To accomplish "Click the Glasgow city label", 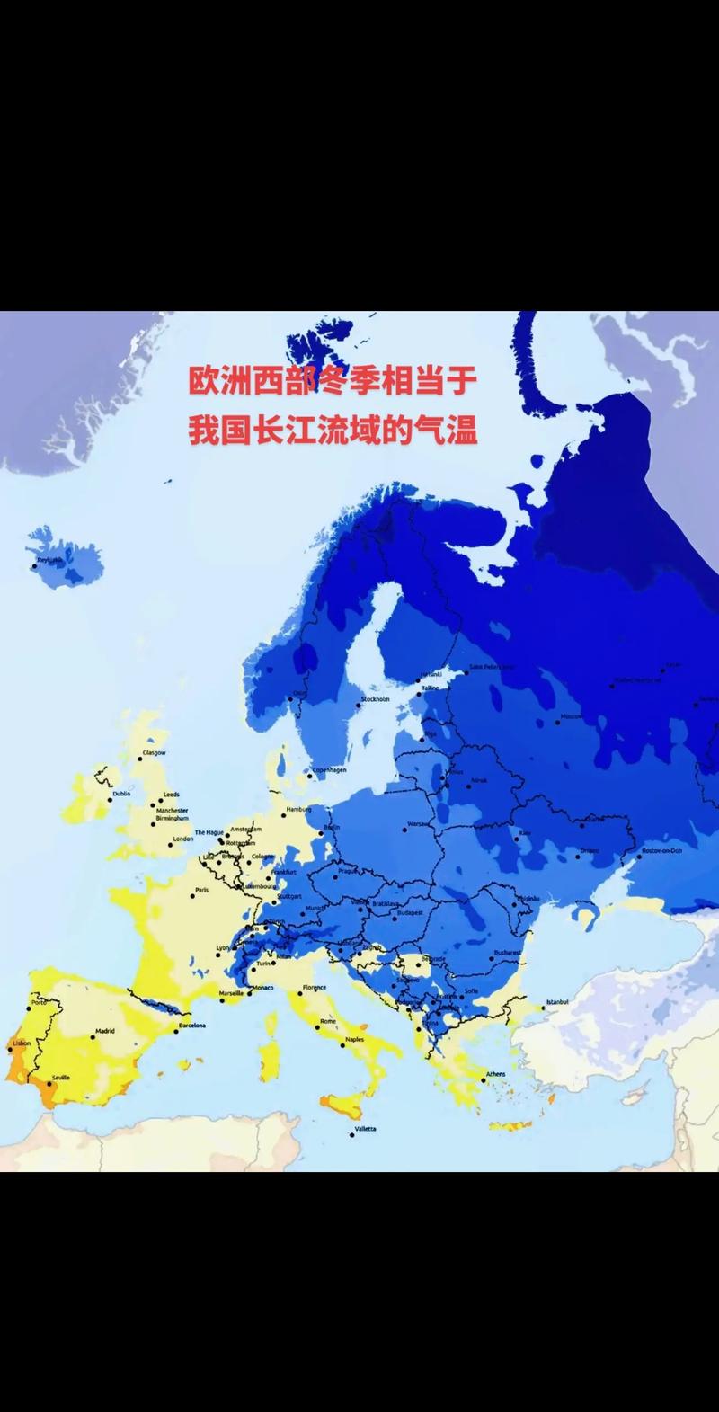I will coord(154,752).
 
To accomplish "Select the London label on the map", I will coord(183,839).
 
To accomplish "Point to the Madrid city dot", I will coord(93,1036).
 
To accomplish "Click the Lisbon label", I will coord(21,1043).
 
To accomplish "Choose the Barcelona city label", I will coord(191,1026).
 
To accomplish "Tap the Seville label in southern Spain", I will coord(61,1077).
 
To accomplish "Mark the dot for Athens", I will coord(483,1079).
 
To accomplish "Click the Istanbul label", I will coord(557,1001).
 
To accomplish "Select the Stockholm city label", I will coord(375,699).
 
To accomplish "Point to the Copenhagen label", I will coord(329,769).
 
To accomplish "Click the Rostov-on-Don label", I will coord(662,850).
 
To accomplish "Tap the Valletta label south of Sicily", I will coord(365,1128).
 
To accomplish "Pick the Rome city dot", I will coord(318,1023).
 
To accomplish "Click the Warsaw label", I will coord(418,823).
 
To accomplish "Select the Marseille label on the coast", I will coord(231,993).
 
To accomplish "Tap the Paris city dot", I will coord(192,895).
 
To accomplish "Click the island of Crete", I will coord(509,1125).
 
